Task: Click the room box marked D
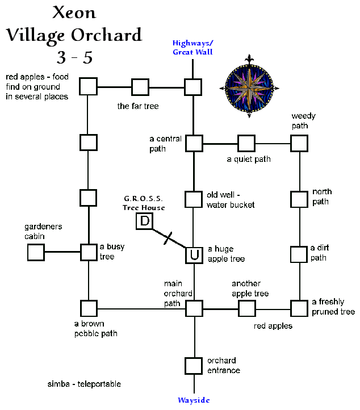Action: point(144,221)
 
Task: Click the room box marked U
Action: point(194,255)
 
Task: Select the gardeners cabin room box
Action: point(36,252)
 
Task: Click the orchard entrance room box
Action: point(194,365)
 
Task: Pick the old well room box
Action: point(194,199)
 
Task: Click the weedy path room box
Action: point(299,143)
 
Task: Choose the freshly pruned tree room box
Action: point(299,308)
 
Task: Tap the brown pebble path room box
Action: point(89,308)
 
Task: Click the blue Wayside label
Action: point(194,400)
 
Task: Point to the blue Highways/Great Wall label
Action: point(194,48)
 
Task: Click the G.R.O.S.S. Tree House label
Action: point(144,203)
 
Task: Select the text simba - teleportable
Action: point(84,384)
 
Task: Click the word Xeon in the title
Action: point(74,12)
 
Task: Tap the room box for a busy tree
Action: point(89,252)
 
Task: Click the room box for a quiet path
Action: point(246,143)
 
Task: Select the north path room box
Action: point(299,199)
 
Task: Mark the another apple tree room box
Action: point(246,308)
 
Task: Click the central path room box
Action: point(194,143)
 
